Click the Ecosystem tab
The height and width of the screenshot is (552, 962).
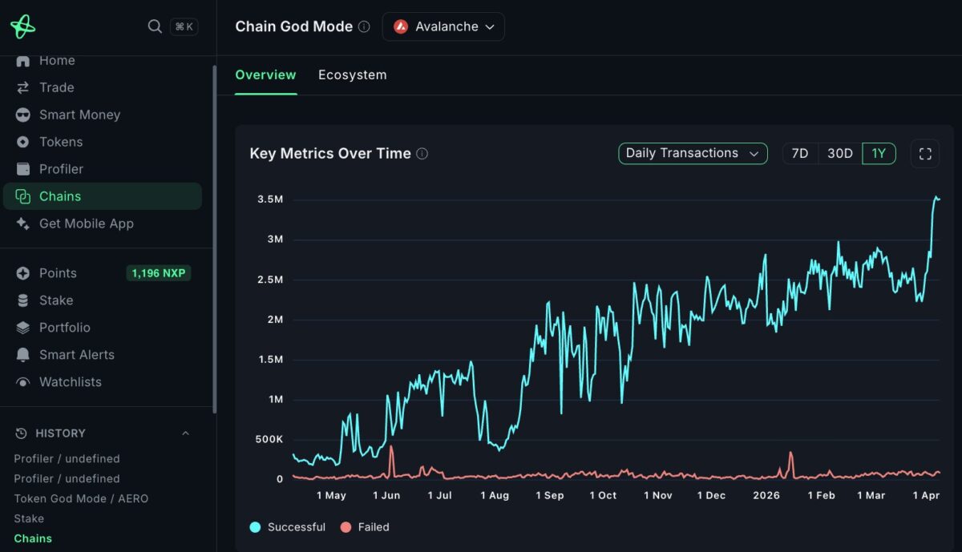[x=352, y=75]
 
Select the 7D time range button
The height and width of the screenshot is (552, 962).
[x=799, y=153]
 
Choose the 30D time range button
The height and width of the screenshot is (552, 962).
[x=839, y=153]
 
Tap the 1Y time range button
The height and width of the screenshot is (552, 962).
[x=879, y=153]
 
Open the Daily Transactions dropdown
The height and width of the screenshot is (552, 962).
[x=693, y=153]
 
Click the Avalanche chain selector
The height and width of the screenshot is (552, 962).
[x=443, y=26]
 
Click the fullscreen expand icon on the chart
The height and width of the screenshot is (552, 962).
[x=924, y=153]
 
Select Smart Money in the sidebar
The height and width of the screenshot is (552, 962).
[x=79, y=115]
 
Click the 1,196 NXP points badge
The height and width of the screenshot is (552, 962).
[x=159, y=273]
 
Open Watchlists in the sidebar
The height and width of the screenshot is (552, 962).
[x=70, y=382]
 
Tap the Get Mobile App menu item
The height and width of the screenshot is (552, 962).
[x=86, y=224]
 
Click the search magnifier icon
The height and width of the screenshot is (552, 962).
[x=155, y=26]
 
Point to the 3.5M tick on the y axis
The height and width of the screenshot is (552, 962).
[x=270, y=199]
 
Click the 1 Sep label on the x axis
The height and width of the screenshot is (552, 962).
[x=549, y=495]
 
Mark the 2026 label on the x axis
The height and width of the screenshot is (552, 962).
[x=766, y=495]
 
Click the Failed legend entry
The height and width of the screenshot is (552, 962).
[x=366, y=527]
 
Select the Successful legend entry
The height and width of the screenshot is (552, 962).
[x=288, y=527]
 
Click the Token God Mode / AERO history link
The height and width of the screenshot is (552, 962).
[x=81, y=498]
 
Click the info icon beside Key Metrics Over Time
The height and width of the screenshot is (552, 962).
[x=422, y=154]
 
